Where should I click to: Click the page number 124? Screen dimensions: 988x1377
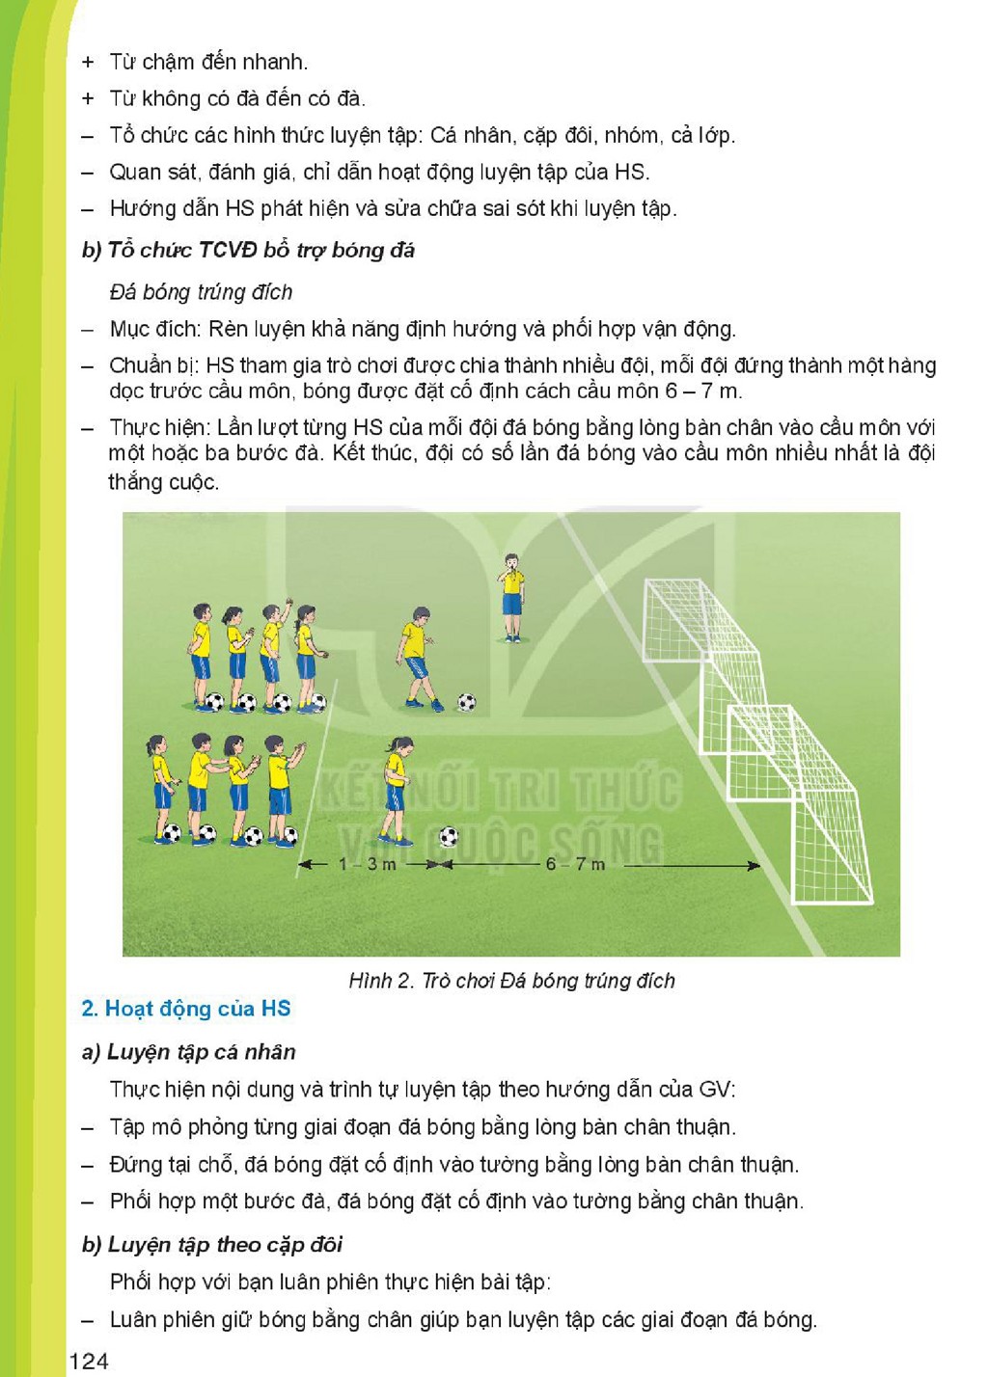coord(89,1361)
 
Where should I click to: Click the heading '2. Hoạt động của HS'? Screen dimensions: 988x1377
coord(186,1009)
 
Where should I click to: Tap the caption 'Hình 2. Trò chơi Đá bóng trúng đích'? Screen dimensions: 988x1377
coord(511,980)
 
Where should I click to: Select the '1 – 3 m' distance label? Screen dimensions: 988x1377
coord(368,864)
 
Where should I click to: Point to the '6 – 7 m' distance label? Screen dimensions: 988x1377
coord(575,864)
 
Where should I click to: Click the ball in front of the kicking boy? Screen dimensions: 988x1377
coord(467,701)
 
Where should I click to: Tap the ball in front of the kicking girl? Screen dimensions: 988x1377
coord(449,836)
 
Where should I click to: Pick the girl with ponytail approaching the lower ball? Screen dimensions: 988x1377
coord(395,791)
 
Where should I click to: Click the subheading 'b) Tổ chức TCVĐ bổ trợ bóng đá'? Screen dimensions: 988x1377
coord(248,250)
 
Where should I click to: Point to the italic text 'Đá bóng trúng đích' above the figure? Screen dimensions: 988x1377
coord(201,292)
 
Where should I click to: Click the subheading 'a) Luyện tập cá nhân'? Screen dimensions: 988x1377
coord(189,1052)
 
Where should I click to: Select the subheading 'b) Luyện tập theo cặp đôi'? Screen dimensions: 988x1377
coord(212,1244)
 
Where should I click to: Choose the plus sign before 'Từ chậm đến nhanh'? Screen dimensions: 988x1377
coord(88,62)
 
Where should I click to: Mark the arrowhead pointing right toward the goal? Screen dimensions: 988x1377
coord(753,866)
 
